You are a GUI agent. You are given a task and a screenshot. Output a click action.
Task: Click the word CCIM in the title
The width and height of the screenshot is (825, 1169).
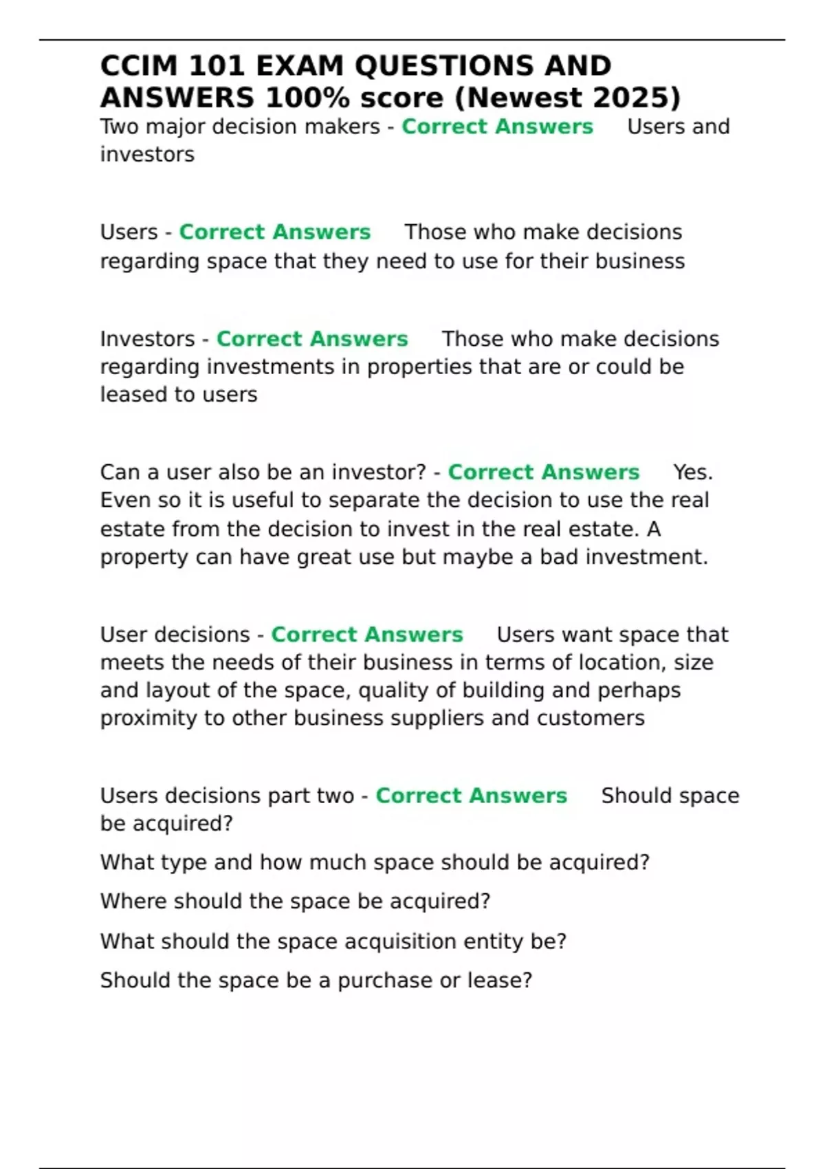[x=140, y=66]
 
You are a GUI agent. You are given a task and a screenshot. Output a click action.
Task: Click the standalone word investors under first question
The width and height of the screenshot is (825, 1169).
[x=147, y=154]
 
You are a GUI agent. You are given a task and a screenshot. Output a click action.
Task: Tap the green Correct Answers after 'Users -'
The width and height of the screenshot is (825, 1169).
[x=275, y=232]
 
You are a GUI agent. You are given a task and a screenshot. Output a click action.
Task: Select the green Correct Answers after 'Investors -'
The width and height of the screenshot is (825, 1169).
[x=312, y=339]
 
